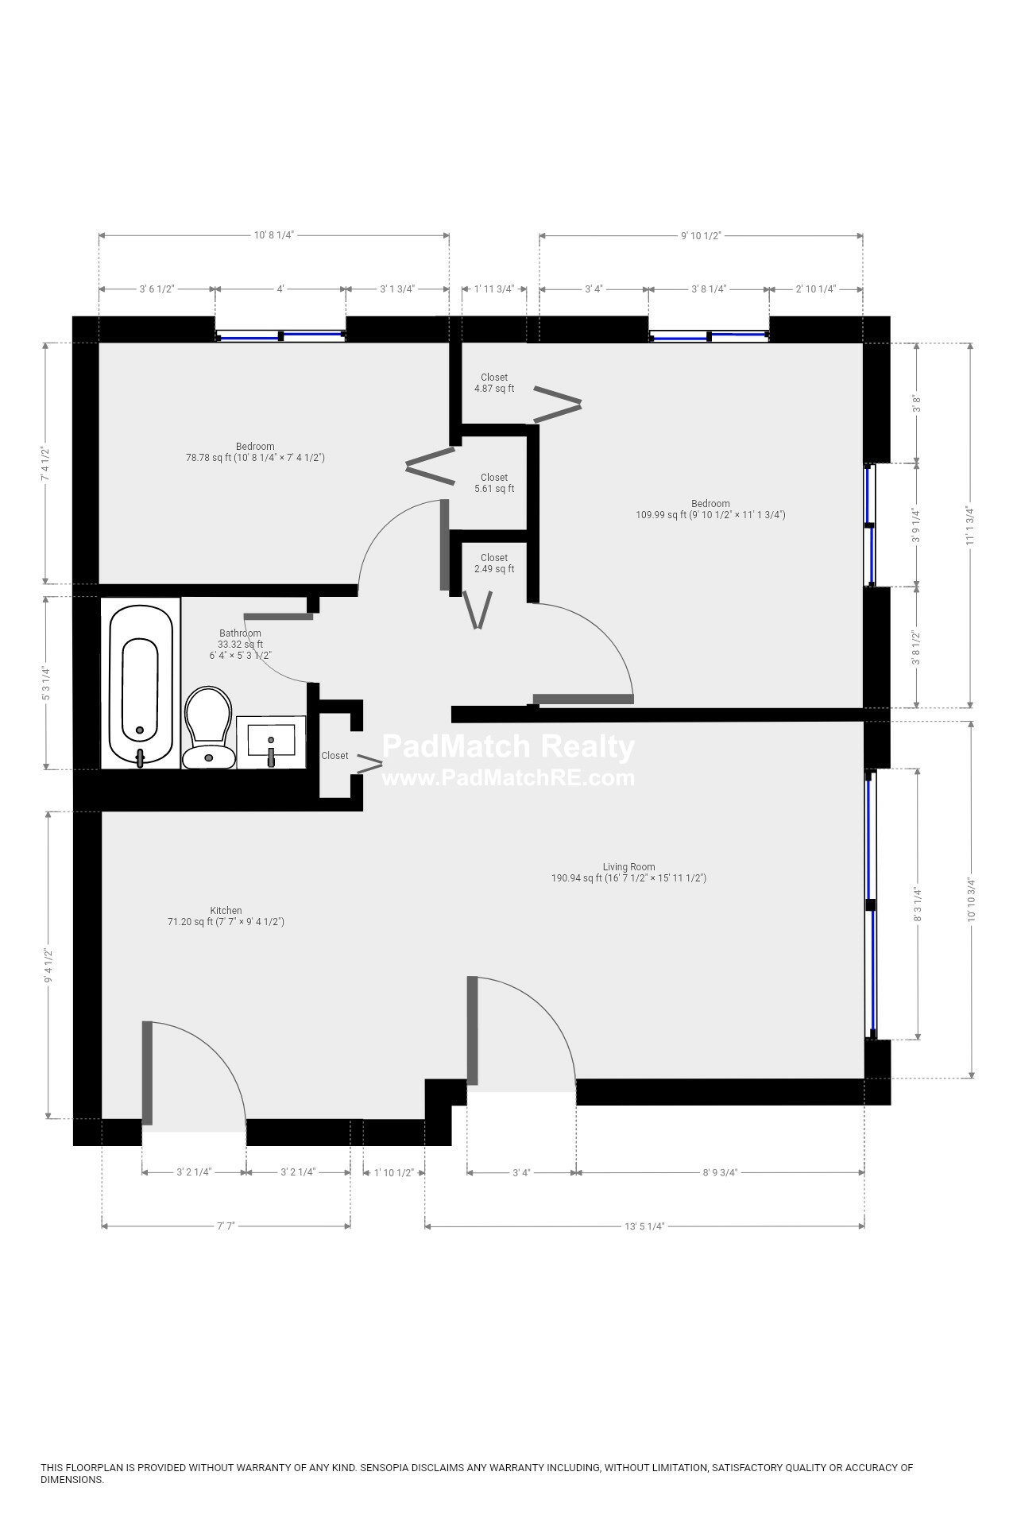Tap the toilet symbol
pyautogui.click(x=208, y=727)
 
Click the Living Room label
pyautogui.click(x=628, y=873)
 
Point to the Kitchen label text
pyautogui.click(x=226, y=911)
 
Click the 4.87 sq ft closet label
pyautogui.click(x=493, y=383)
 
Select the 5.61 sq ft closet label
pyautogui.click(x=493, y=483)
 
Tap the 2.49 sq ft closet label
pyautogui.click(x=493, y=564)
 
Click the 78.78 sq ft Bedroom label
pyautogui.click(x=255, y=452)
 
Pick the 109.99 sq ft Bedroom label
pyautogui.click(x=710, y=509)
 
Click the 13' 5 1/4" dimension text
pyautogui.click(x=644, y=1226)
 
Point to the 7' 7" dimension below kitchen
pyautogui.click(x=226, y=1226)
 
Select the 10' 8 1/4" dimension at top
pyautogui.click(x=274, y=235)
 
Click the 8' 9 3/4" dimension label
pyautogui.click(x=720, y=1172)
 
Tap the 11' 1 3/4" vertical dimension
pyautogui.click(x=969, y=525)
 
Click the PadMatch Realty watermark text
pyautogui.click(x=508, y=747)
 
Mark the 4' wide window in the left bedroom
pyautogui.click(x=280, y=336)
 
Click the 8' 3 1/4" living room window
pyautogui.click(x=872, y=904)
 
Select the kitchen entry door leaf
pyautogui.click(x=147, y=1073)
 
